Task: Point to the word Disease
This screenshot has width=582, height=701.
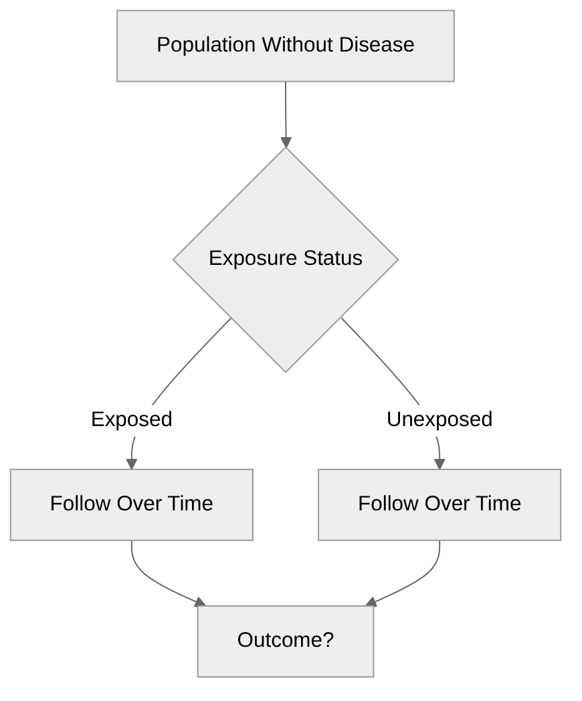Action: click(377, 45)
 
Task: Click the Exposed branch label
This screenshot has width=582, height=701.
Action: click(132, 419)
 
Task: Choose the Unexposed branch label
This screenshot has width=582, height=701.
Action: click(440, 419)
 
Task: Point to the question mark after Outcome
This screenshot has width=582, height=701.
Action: click(328, 640)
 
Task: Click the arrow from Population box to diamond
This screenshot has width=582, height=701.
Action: click(286, 110)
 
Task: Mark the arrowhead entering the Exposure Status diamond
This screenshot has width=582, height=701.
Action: click(286, 142)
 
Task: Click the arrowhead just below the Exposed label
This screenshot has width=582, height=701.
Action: click(132, 464)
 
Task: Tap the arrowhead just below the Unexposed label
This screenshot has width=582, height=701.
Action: click(440, 464)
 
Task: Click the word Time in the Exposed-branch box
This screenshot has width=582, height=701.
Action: click(190, 503)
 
